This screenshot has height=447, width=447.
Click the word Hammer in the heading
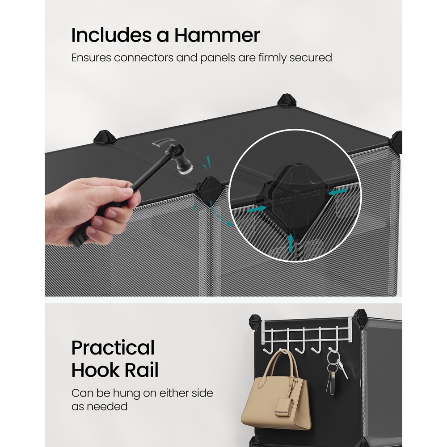[x=217, y=35]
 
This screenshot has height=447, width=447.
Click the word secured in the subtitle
[x=311, y=58]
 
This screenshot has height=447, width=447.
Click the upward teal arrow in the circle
[x=291, y=243]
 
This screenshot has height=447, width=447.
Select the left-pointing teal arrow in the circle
[x=338, y=192]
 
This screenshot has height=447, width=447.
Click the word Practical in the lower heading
[x=113, y=348]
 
